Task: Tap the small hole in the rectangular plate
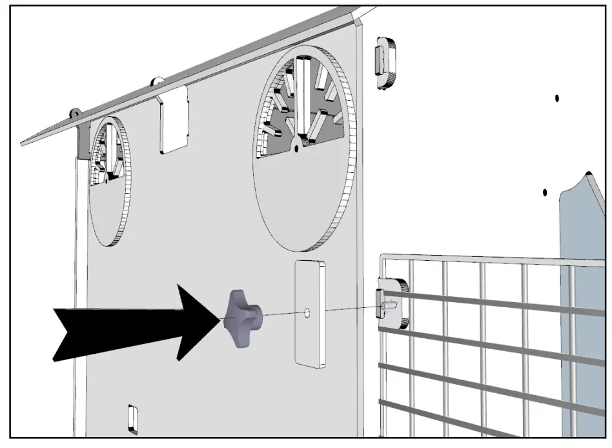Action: pyautogui.click(x=307, y=313)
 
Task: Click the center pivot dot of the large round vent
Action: pyautogui.click(x=296, y=148)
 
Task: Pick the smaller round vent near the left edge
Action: pyautogui.click(x=108, y=181)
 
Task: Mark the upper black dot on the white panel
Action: pyautogui.click(x=556, y=98)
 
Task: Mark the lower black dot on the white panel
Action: pyautogui.click(x=545, y=192)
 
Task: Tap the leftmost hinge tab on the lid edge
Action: pyautogui.click(x=76, y=111)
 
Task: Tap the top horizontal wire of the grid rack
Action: pyautogui.click(x=491, y=259)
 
